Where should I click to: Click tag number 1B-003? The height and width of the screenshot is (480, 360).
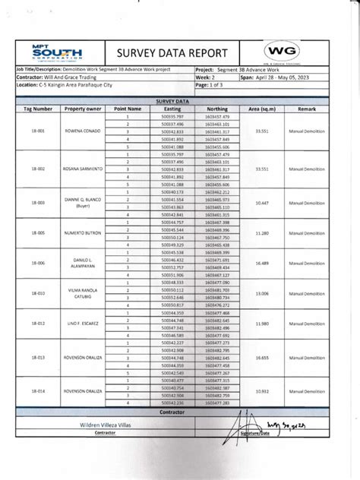pos(37,203)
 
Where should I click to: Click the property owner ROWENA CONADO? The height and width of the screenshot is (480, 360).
pos(83,131)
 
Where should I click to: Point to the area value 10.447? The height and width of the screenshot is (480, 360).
pos(264,203)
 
